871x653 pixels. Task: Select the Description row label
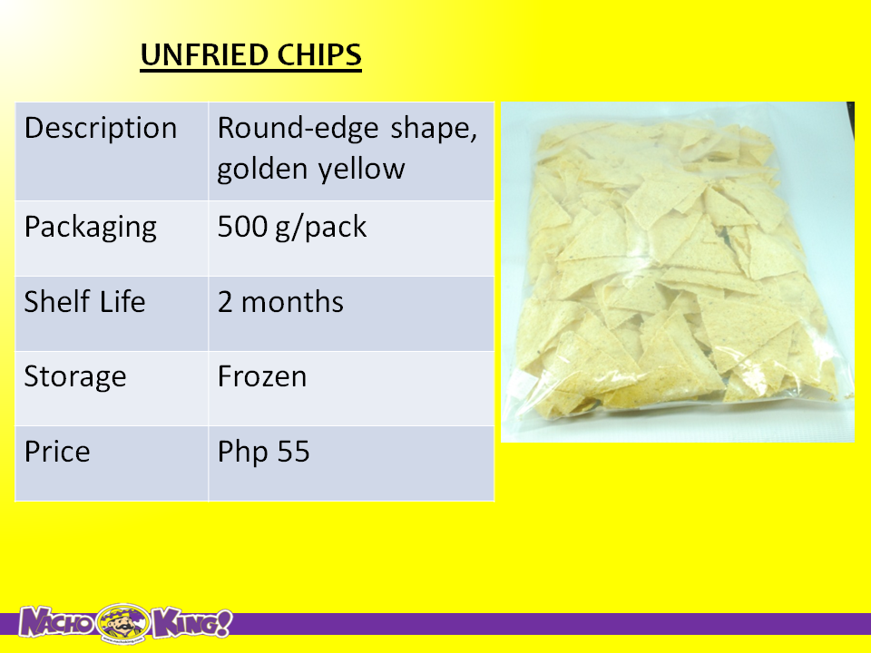tap(101, 128)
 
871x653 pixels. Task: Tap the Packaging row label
tap(91, 228)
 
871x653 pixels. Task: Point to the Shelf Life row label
tap(84, 301)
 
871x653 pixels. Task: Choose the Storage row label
tap(75, 377)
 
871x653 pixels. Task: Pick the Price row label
tap(56, 452)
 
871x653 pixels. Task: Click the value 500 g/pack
tap(291, 227)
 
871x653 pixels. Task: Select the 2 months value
tap(280, 302)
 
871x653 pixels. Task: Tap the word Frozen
tap(261, 376)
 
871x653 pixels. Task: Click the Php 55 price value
tap(263, 452)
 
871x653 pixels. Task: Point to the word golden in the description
tap(263, 169)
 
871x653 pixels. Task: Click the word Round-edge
tap(298, 129)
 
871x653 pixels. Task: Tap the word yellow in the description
tap(361, 169)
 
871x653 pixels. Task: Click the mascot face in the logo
tap(123, 623)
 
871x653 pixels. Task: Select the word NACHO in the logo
tap(56, 622)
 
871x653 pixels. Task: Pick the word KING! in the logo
tap(191, 623)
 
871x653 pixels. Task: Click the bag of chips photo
tap(678, 272)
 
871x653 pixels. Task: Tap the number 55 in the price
tap(293, 452)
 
